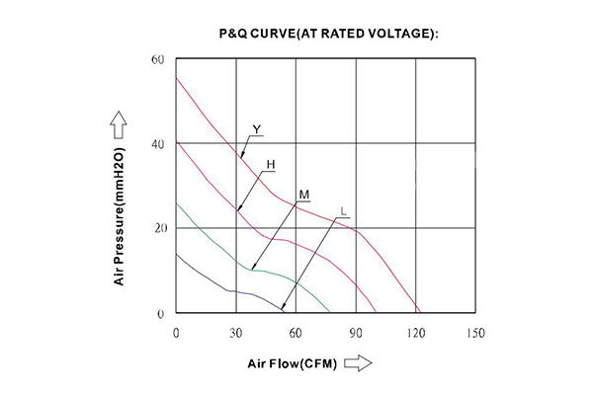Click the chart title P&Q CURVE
pyautogui.click(x=327, y=34)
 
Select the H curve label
pyautogui.click(x=270, y=163)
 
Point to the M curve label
pyautogui.click(x=304, y=193)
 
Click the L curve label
pyautogui.click(x=342, y=211)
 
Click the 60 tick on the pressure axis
pyautogui.click(x=157, y=60)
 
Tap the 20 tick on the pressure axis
pyautogui.click(x=157, y=228)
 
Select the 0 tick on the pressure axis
pyautogui.click(x=160, y=314)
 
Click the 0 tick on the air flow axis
pyautogui.click(x=176, y=333)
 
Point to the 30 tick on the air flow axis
pyautogui.click(x=235, y=333)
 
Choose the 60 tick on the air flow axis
pyautogui.click(x=295, y=333)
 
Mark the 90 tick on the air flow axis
pyautogui.click(x=355, y=333)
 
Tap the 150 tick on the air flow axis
pyautogui.click(x=474, y=333)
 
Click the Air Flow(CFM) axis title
pyautogui.click(x=293, y=363)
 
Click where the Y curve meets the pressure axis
pyautogui.click(x=176, y=78)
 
